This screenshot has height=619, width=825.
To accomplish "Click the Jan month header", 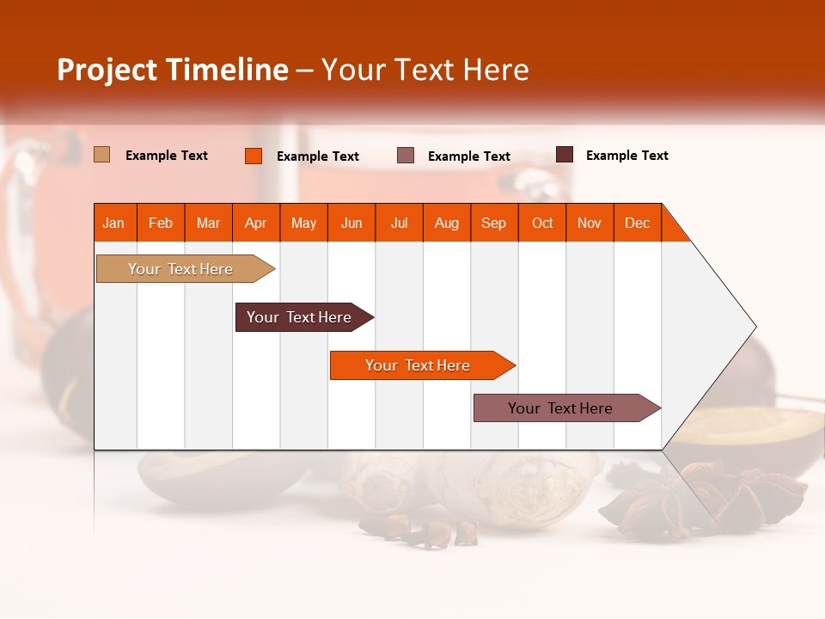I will pos(114,223).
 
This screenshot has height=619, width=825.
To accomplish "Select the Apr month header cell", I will pos(256,223).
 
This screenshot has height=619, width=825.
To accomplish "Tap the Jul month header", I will pos(399,223).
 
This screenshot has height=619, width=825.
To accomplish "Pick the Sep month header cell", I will pos(494,223).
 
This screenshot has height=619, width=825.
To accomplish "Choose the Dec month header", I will pos(637,223).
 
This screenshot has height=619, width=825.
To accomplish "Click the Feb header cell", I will pos(161,223).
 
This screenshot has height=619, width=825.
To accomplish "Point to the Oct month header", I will pos(542,223).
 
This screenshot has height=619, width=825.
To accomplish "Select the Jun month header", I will pos(351,223).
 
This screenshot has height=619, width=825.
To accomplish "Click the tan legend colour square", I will pos(101,155).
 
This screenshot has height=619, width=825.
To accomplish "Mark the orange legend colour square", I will pos(253,156).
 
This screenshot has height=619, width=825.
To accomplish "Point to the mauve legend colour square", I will pos(405,156).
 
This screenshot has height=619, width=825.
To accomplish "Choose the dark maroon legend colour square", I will pos(564,155).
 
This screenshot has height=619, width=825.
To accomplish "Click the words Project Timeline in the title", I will pos(173,70).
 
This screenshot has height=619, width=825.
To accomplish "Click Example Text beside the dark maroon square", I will pos(626,156).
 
